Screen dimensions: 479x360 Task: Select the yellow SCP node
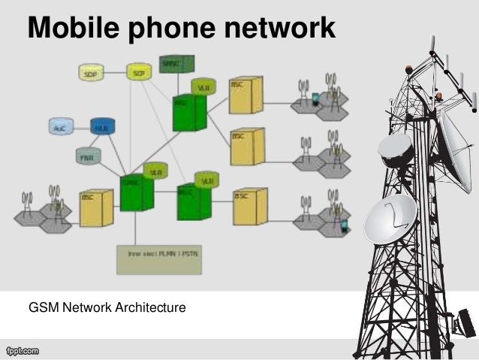tap(137, 72)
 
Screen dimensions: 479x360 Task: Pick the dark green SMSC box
tap(176, 63)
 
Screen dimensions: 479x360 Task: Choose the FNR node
tap(88, 156)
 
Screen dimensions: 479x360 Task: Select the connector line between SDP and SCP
tap(115, 73)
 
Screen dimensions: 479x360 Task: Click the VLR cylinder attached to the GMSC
tap(155, 171)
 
